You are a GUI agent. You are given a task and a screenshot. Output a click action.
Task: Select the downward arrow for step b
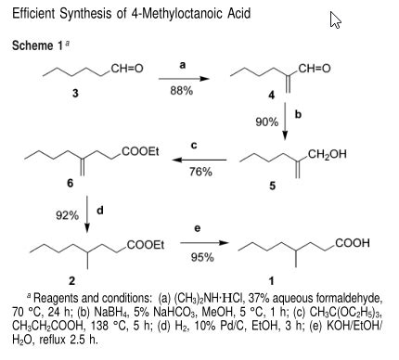(286, 123)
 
